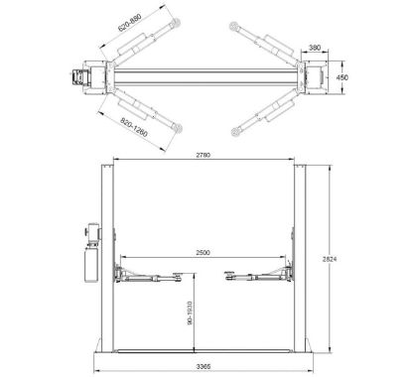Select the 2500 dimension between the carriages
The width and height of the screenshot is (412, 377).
point(203,253)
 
